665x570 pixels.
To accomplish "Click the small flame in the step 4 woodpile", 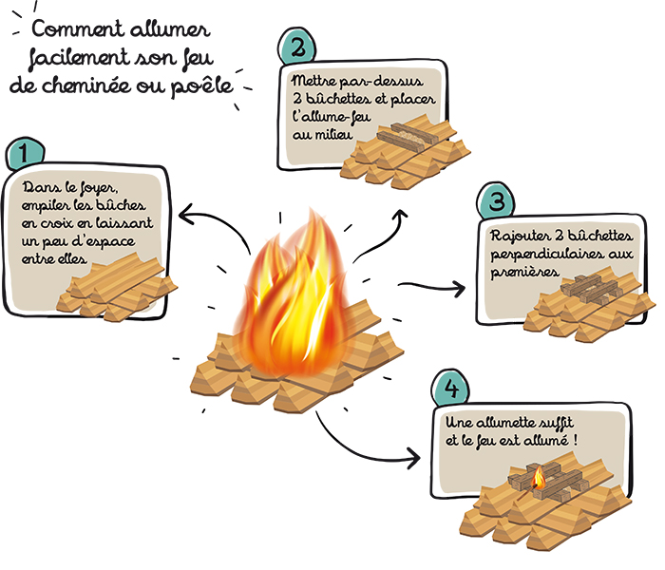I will (x=539, y=478).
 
